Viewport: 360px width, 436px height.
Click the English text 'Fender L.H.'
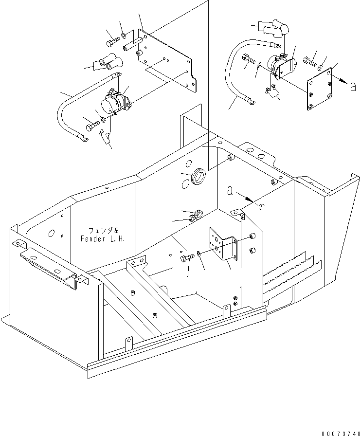click(103, 239)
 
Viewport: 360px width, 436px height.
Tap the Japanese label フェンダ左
click(103, 231)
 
